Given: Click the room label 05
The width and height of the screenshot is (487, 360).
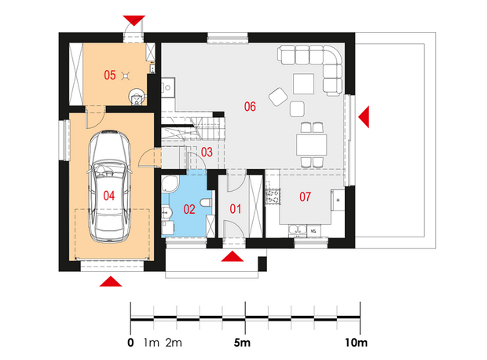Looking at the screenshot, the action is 110,75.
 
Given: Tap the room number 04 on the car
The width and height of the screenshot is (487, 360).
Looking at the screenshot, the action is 109,196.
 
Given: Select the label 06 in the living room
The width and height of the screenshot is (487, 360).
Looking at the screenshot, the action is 250,107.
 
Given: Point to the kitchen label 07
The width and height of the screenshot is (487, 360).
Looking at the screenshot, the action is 305,197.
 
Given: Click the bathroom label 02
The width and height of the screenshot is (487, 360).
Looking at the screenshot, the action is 189,209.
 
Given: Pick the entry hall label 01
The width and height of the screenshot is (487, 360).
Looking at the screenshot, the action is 235,209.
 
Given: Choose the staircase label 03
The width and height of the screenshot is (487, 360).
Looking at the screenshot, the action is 207,152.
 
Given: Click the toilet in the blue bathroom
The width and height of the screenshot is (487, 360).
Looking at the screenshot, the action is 206,203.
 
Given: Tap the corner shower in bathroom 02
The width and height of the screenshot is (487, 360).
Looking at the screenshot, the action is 170,184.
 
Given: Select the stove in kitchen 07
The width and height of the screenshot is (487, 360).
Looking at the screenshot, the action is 273,197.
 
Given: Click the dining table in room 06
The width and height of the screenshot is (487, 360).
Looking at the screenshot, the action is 312,145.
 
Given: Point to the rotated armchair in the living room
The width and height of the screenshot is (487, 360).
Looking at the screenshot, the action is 278,97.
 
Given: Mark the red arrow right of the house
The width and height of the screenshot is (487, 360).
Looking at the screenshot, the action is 364,117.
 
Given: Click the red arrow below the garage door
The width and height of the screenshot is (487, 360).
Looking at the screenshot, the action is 111,281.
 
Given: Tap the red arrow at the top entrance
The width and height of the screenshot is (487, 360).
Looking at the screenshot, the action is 134,20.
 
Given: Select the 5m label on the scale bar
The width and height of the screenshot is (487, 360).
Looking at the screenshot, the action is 242,343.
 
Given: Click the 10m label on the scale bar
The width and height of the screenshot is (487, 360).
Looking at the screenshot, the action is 356,343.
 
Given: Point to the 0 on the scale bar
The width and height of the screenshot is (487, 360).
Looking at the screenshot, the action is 130,343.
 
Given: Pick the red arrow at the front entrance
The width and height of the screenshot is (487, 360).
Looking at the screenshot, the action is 233,257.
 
